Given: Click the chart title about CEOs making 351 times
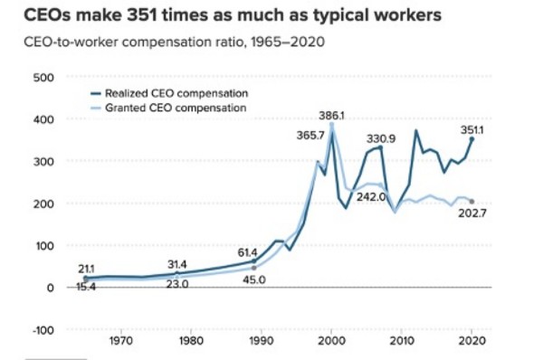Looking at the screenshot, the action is pos(233,15).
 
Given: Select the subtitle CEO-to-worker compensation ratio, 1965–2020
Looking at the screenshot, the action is pos(174,43).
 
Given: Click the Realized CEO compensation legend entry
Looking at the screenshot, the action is pos(169,93).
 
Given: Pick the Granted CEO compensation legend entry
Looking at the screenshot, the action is pos(168,108).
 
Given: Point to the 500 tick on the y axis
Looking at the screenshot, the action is pos(43,78).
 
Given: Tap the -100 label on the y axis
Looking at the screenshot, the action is pos(43,330).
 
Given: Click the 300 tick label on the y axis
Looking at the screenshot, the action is pos(43,162).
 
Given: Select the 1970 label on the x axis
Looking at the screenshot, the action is pos(121,341).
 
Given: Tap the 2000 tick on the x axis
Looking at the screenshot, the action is pos(331,341).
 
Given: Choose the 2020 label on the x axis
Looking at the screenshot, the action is pos(472,341).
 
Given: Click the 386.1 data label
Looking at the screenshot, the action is pos(332,116).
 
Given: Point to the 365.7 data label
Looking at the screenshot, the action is pos(310,136).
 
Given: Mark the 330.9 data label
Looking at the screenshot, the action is pos(381,138).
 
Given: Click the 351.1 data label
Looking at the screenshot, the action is pos(472,130).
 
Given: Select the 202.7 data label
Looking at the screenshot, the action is pos(472,213).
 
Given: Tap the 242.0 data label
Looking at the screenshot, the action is pos(371,197).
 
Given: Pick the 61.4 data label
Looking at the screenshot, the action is pos(247,252).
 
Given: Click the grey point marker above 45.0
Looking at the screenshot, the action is pos(254,268).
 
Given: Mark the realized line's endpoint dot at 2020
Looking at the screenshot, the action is pos(472,139).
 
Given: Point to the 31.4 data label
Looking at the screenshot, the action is pos(177,265).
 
